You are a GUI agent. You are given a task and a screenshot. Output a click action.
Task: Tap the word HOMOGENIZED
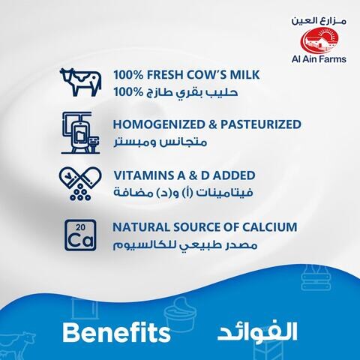(x=157, y=124)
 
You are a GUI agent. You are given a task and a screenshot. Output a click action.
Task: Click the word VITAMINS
(x=142, y=175)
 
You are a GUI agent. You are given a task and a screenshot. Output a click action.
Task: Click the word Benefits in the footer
(x=112, y=331)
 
